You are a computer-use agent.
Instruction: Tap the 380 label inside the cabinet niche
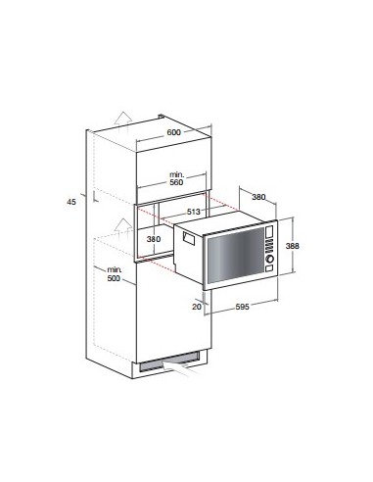pos(152,238)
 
